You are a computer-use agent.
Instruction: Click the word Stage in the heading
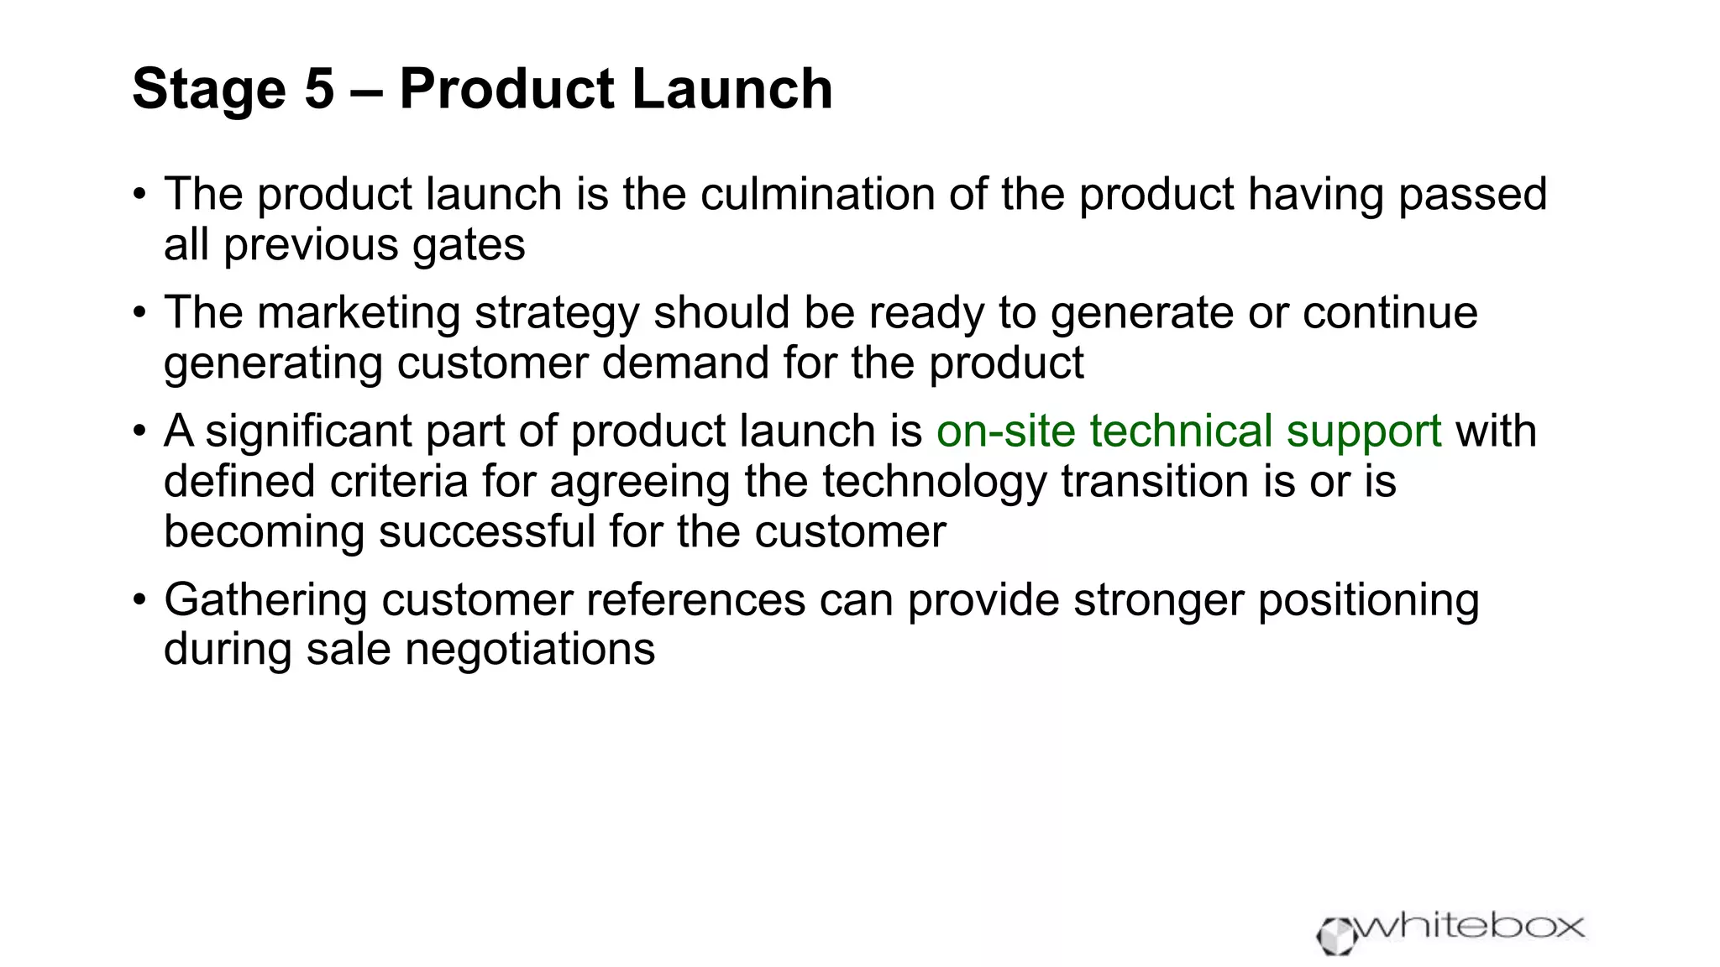pos(209,89)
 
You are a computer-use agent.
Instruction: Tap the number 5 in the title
pos(319,89)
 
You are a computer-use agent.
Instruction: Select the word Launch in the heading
pos(732,89)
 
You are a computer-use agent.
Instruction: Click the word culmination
pos(817,194)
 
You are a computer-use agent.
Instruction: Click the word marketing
pos(359,312)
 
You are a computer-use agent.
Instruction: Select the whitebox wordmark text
pos(1471,927)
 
